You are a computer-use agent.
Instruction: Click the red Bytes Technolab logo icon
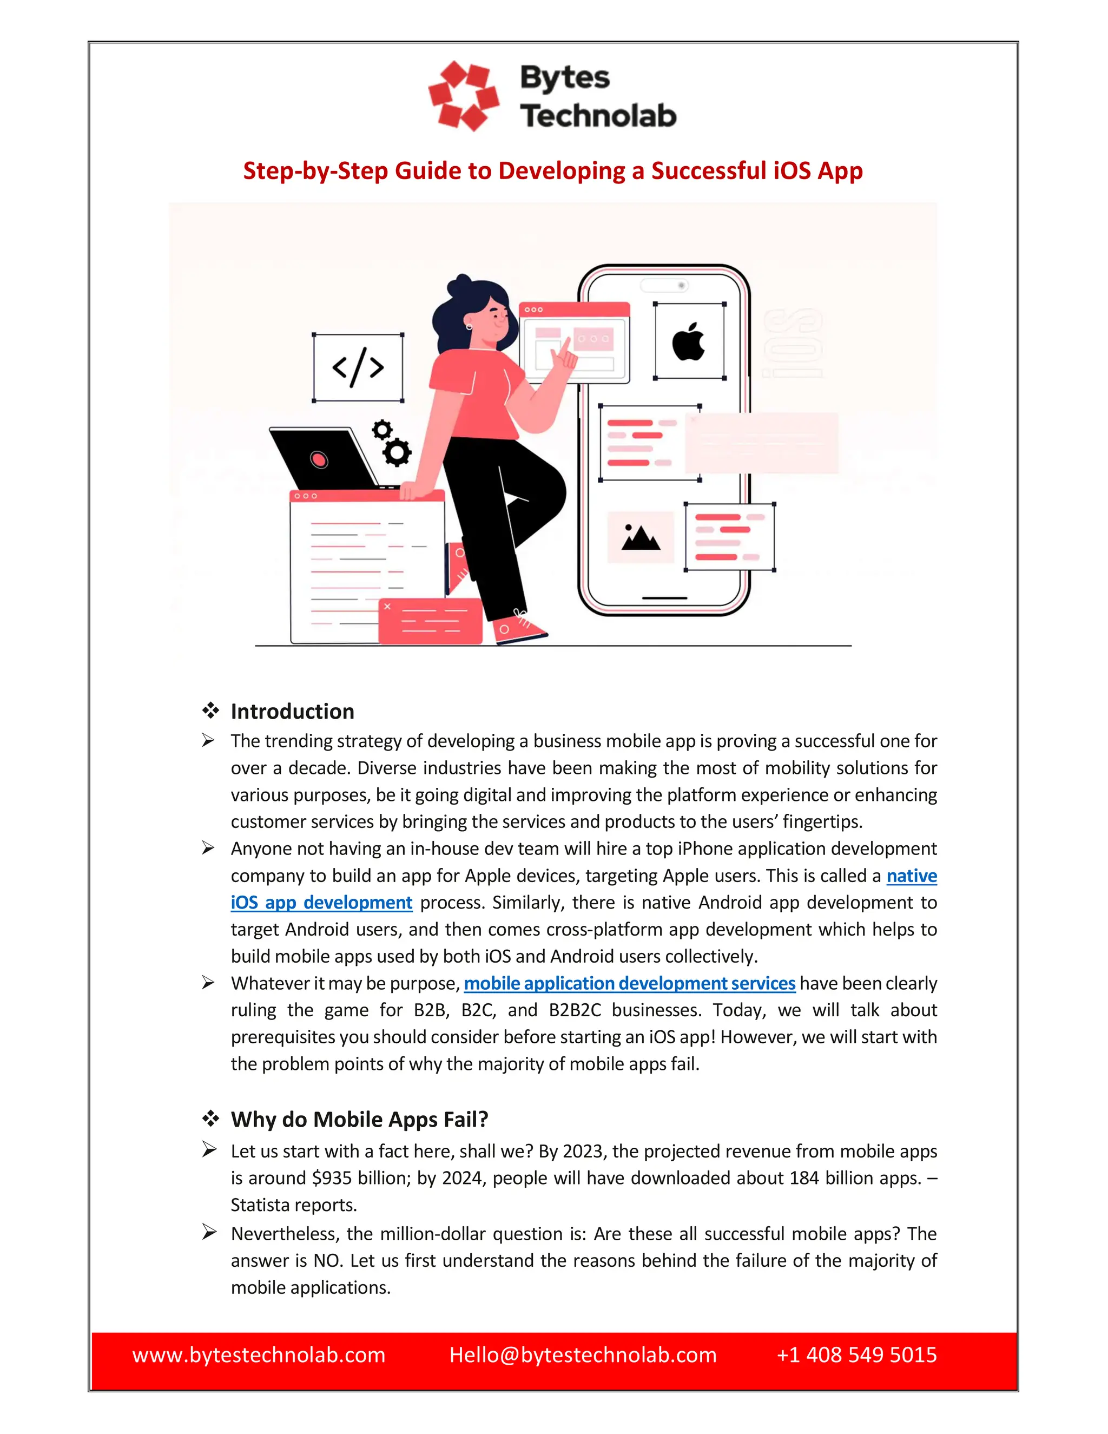point(464,96)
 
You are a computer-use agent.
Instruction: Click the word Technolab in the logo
point(598,116)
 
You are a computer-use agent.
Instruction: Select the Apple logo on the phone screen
point(689,341)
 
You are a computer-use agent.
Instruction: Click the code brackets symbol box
point(358,367)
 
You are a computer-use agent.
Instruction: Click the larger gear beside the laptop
point(397,452)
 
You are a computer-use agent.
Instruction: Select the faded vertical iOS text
point(792,344)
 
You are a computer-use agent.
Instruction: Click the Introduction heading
point(292,712)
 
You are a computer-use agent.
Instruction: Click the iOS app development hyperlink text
point(321,903)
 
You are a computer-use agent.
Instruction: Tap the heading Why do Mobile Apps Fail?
point(359,1120)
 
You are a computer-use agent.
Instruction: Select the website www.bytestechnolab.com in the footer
point(259,1354)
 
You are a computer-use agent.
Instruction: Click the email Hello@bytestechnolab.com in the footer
point(582,1354)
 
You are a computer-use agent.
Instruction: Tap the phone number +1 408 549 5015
point(856,1354)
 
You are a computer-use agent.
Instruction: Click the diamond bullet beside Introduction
point(210,711)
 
